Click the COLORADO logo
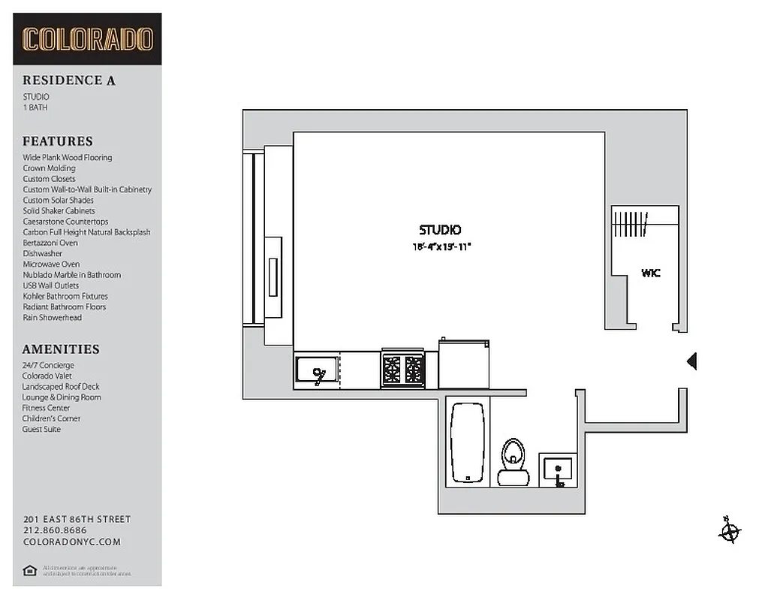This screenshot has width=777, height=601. pos(87,39)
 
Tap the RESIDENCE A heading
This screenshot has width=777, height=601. pos(68,80)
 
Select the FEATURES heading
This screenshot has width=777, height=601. pos(58,141)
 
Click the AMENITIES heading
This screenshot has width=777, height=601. pos(61,349)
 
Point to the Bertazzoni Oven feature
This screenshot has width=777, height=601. pos(50,243)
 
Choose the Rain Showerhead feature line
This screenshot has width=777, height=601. pos(52,317)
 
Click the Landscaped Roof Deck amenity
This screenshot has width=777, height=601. pos(61,386)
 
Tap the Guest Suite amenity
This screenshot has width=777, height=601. pos(41,429)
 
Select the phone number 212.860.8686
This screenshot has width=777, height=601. pos(55,530)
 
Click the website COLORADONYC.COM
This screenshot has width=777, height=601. pos(72,542)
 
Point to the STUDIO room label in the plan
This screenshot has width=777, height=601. pos(440,230)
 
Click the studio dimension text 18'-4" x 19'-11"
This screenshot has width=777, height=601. pos(441,246)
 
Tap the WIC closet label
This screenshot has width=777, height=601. pos(651,273)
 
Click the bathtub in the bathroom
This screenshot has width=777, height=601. pos(469,442)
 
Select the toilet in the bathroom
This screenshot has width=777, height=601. pos(514,460)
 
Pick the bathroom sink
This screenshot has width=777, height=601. pos(558,470)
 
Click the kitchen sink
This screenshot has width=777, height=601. pos(316,370)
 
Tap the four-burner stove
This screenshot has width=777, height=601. pos(403,368)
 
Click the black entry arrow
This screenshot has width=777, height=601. pos(692,361)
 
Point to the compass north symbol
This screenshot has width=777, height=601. pos(728,532)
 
